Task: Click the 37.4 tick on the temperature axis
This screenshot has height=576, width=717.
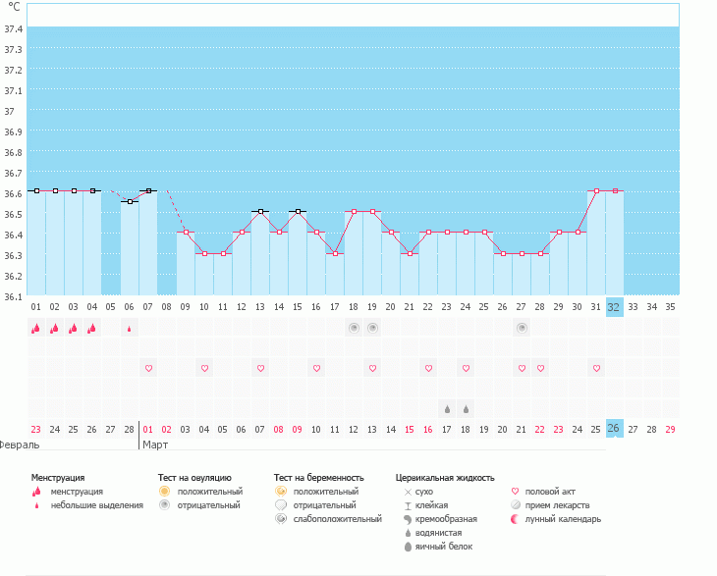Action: [13, 28]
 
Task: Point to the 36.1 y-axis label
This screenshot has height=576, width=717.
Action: [13, 296]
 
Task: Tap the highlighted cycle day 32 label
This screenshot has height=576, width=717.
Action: [614, 306]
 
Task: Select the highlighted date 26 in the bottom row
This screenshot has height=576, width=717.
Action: [614, 429]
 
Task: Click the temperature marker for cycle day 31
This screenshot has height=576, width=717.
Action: [596, 191]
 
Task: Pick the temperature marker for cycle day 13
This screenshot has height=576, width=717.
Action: [260, 211]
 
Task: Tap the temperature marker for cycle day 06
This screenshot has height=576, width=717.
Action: [130, 201]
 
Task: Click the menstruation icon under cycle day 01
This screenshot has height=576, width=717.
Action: [35, 329]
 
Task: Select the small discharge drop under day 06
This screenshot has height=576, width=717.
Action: [130, 330]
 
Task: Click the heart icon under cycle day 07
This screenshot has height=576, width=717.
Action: [148, 368]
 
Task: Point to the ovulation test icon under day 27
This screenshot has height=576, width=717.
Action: [522, 328]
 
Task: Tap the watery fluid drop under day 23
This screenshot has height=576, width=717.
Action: [447, 408]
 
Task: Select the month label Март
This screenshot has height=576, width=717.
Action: [155, 445]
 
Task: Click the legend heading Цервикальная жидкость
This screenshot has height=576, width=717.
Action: [444, 477]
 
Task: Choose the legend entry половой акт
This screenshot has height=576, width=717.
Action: [551, 491]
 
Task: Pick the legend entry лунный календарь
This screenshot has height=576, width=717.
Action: [562, 518]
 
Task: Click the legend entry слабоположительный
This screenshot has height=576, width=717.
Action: [337, 518]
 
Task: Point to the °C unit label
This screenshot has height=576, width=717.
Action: [13, 7]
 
